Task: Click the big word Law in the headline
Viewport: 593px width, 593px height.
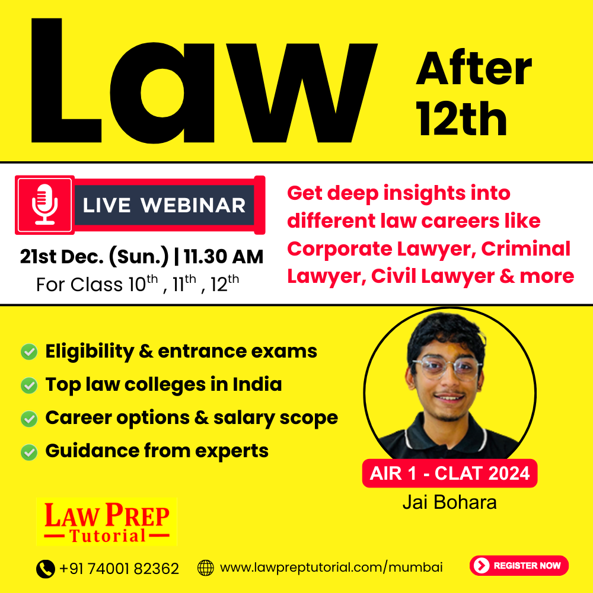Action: [x=204, y=81]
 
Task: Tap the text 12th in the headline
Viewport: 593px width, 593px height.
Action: [x=461, y=119]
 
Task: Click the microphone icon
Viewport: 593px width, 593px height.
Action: [x=44, y=205]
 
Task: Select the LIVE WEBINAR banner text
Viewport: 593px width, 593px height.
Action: [x=164, y=205]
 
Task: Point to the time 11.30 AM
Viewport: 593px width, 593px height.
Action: [x=224, y=257]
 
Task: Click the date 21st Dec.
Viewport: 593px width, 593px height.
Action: [x=62, y=257]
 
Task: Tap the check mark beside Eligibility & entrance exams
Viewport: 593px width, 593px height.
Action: [x=29, y=352]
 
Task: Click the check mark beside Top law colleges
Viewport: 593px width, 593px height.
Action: [x=29, y=385]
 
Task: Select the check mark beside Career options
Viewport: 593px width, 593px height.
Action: [x=29, y=419]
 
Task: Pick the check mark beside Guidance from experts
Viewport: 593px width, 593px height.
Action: [x=29, y=452]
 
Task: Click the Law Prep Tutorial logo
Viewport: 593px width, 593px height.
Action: [x=107, y=522]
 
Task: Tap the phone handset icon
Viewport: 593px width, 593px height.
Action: [x=46, y=569]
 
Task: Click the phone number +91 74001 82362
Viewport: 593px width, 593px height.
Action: [x=119, y=569]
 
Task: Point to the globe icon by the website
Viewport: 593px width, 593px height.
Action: [x=206, y=568]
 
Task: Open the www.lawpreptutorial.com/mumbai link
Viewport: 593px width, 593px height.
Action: [x=331, y=568]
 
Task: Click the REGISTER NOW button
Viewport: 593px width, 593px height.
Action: [x=519, y=565]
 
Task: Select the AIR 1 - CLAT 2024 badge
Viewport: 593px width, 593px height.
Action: [x=449, y=473]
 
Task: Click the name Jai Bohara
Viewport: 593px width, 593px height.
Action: [x=449, y=502]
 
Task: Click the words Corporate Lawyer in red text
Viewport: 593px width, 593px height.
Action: [x=381, y=250]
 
